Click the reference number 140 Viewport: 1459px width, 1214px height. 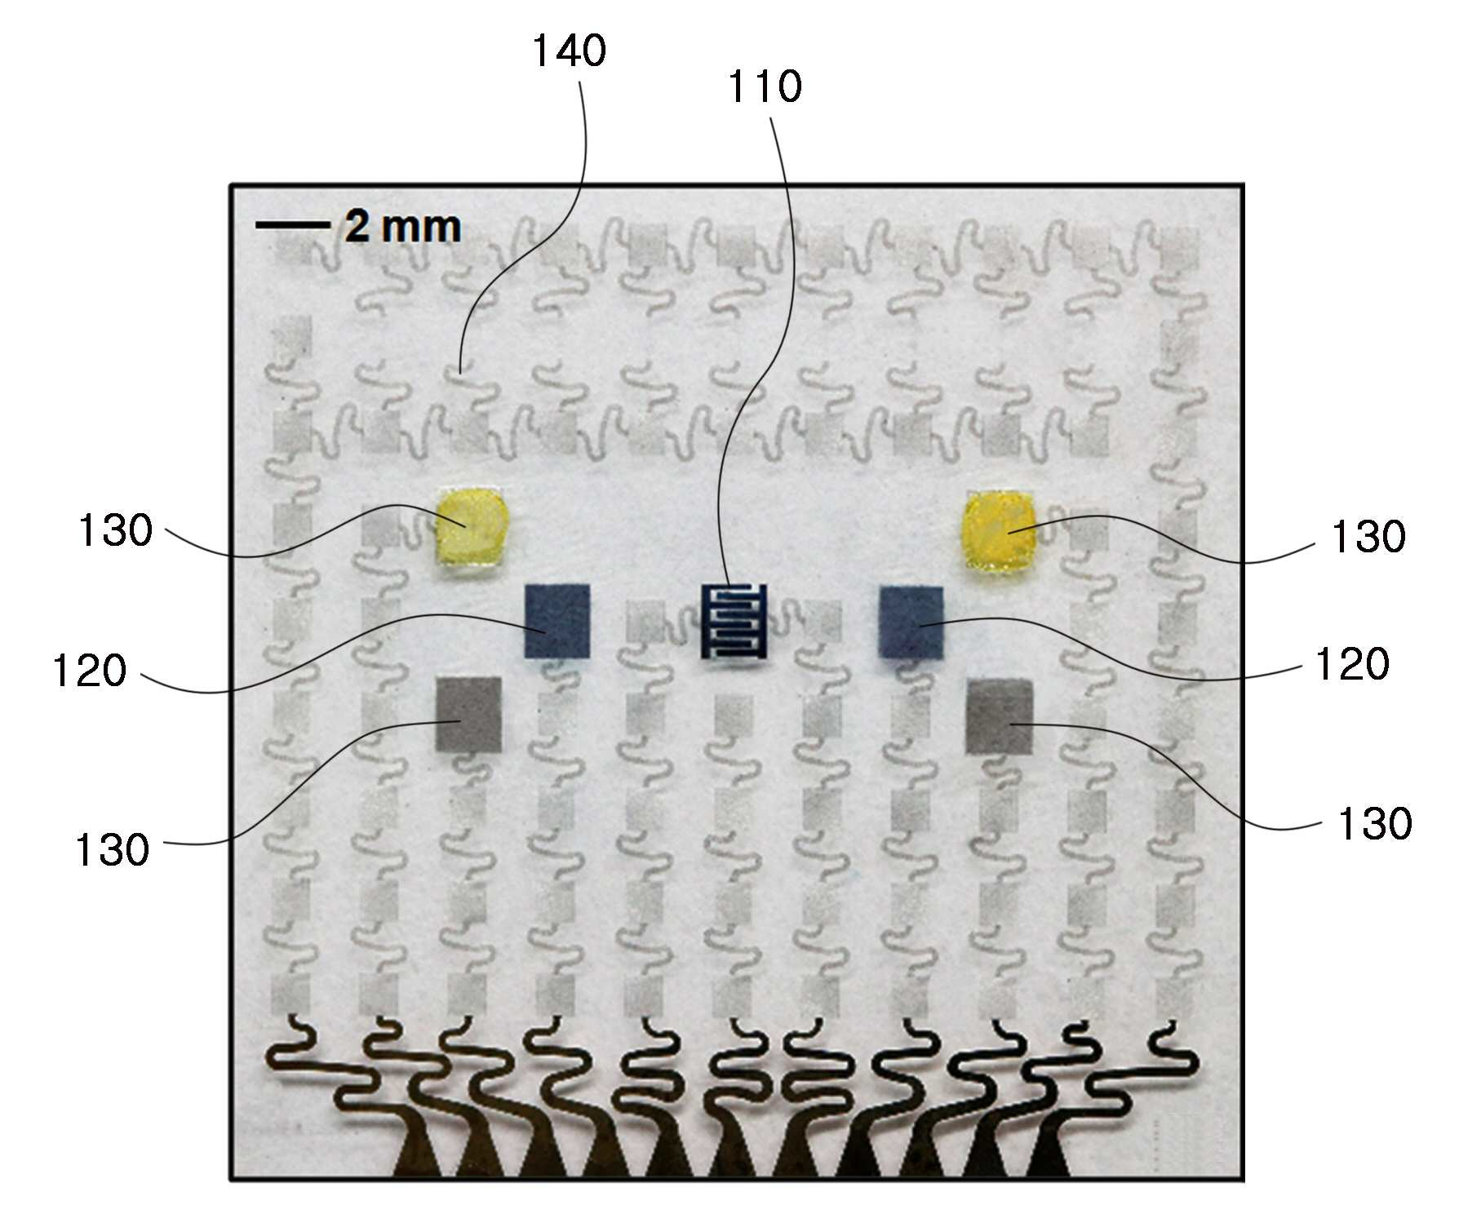coord(570,51)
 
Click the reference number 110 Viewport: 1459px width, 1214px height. coord(765,86)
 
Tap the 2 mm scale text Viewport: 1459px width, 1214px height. coord(402,226)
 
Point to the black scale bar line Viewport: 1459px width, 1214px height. coord(293,224)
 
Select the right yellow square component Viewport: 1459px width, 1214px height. coord(999,529)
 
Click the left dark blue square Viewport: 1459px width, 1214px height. coord(557,621)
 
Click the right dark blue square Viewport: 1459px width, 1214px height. coord(911,622)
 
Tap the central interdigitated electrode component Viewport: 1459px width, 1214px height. coord(734,621)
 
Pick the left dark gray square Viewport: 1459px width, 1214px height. coord(469,714)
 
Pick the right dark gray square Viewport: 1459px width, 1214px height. coord(1000,717)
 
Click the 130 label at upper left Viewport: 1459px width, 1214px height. coord(115,530)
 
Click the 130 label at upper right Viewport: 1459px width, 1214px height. coord(1368,537)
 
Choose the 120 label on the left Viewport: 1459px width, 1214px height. coord(90,671)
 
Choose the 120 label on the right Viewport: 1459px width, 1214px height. coord(1352,664)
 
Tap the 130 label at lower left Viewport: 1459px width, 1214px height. coord(113,850)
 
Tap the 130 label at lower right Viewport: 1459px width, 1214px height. coord(1375,824)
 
